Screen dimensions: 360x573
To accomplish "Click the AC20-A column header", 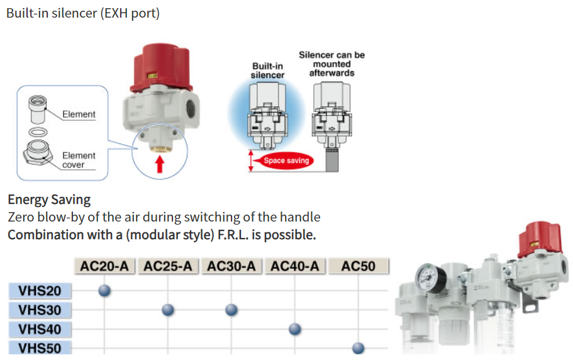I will tap(104, 266).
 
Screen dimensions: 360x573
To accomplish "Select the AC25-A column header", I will tap(168, 266).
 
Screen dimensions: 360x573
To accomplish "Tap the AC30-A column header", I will tap(231, 266).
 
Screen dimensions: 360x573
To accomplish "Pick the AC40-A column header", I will tap(294, 266).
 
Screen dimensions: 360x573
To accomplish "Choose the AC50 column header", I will tap(358, 266).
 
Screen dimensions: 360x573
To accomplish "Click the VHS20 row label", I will tap(40, 291).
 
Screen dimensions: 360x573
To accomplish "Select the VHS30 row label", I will tap(40, 310).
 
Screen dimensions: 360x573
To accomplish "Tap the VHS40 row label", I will tap(40, 329).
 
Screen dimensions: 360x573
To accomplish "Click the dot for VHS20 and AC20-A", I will tap(104, 290).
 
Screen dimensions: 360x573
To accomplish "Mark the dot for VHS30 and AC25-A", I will tap(168, 310).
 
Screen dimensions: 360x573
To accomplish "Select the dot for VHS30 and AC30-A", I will tap(231, 310).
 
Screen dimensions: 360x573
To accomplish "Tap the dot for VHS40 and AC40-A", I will tap(294, 329).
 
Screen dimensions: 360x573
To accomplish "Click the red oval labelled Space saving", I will tap(286, 160).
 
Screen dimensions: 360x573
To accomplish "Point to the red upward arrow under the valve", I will tap(160, 164).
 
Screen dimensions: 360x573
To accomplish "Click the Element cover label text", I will tap(79, 160).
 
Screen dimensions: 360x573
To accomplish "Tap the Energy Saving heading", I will tap(49, 200).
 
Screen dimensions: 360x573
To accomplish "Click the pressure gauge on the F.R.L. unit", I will tap(431, 278).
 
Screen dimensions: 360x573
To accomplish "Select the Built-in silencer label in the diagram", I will tap(267, 70).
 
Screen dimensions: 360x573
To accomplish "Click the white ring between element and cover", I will tap(38, 132).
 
